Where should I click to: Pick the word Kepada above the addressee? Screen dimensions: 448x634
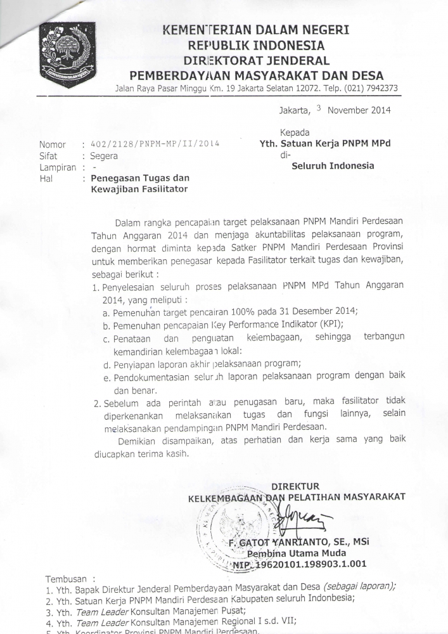(x=295, y=133)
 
